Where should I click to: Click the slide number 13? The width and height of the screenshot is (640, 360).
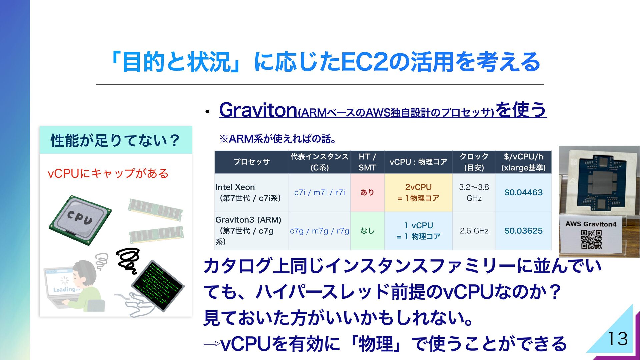(618, 339)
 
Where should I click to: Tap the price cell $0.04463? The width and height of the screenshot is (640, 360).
(523, 192)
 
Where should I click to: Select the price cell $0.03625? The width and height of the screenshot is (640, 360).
(523, 231)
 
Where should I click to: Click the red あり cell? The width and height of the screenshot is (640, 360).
(367, 192)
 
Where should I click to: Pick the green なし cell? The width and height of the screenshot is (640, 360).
(367, 231)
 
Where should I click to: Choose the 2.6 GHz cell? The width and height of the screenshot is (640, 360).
(474, 231)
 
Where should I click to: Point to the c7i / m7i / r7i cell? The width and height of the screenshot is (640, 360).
(319, 192)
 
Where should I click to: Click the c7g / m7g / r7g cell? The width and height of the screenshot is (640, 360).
(319, 231)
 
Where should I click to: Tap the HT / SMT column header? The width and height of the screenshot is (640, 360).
(367, 162)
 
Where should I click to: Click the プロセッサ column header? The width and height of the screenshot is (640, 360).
(252, 162)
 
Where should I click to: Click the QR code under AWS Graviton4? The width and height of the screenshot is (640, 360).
(591, 239)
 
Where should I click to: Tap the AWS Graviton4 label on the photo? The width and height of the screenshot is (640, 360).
(591, 224)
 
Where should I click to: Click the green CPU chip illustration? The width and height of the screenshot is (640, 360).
(80, 220)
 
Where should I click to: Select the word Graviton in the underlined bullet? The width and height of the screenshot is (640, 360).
(258, 110)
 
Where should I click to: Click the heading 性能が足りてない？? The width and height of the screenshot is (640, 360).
(115, 140)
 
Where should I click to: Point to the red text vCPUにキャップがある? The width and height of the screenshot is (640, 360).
(108, 173)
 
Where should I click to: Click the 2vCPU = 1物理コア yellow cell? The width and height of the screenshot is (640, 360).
(418, 192)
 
